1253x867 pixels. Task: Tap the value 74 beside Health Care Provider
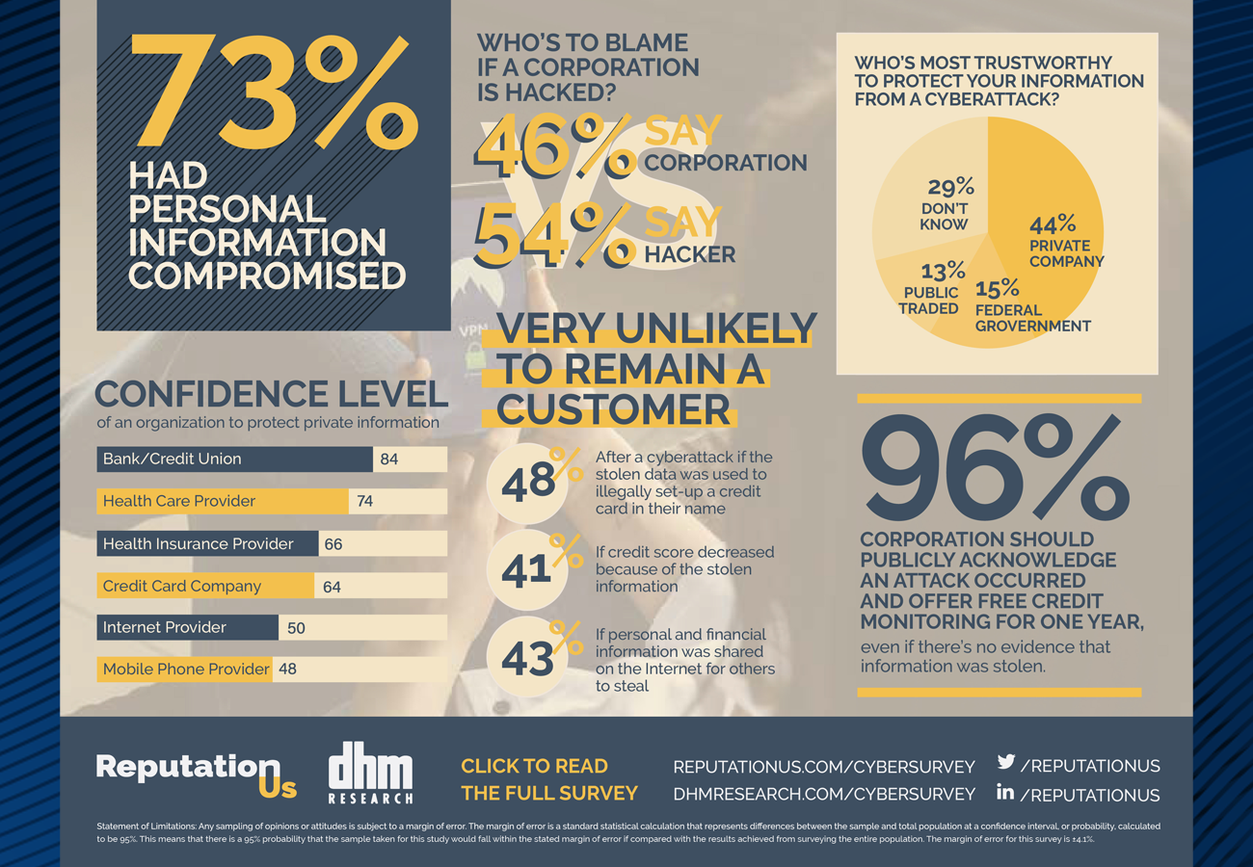pyautogui.click(x=364, y=501)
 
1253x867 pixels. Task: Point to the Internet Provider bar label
pyautogui.click(x=165, y=627)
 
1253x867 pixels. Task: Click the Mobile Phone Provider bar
pyautogui.click(x=185, y=669)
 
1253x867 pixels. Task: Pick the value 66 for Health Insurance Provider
pyautogui.click(x=333, y=544)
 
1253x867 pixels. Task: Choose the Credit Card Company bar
pyautogui.click(x=205, y=586)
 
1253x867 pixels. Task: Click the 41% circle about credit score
pyautogui.click(x=529, y=569)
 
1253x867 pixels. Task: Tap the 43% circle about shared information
pyautogui.click(x=529, y=658)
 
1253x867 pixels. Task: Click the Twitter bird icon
pyautogui.click(x=1005, y=762)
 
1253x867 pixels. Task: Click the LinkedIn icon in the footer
pyautogui.click(x=1005, y=793)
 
